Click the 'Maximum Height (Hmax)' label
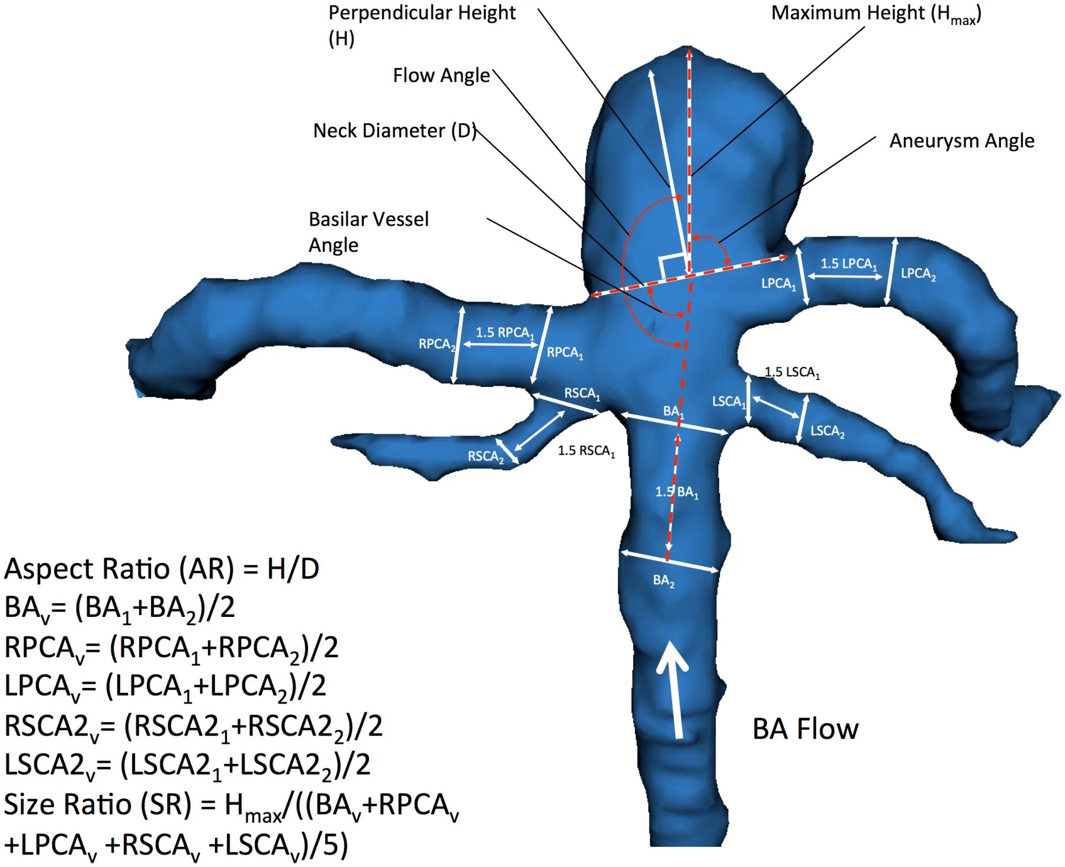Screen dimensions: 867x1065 [x=875, y=14]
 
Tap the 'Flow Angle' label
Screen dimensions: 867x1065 [x=441, y=76]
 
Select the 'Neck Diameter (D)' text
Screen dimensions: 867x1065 [x=394, y=131]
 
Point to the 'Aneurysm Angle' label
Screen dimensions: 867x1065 [x=961, y=141]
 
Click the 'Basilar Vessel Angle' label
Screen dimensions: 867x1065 [x=368, y=232]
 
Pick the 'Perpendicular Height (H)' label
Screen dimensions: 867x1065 [x=421, y=25]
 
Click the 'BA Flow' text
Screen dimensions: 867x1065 [x=805, y=729]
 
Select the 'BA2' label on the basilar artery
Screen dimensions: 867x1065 [x=663, y=581]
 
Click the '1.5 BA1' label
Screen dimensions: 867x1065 [x=676, y=492]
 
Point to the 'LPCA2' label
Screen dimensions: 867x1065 [x=918, y=274]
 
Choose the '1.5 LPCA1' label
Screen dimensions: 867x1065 [x=848, y=264]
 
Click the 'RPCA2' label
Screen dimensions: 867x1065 [x=437, y=344]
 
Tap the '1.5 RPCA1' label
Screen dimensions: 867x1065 [x=505, y=332]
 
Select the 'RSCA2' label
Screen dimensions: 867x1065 [x=485, y=457]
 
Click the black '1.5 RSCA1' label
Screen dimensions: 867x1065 [x=586, y=451]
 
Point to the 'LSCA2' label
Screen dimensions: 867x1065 [x=827, y=431]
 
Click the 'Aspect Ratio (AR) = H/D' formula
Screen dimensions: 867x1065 [x=162, y=569]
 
